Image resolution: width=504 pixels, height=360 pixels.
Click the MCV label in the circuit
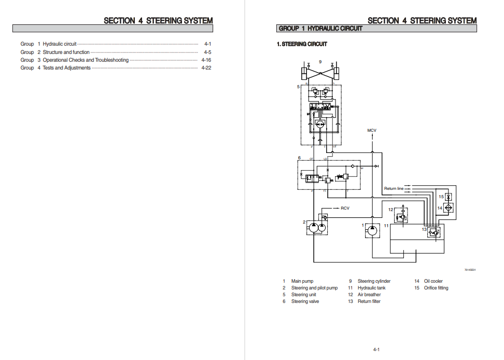(x=372, y=130)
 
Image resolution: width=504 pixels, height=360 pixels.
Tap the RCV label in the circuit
(x=345, y=208)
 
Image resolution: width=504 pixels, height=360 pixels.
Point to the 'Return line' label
(x=394, y=189)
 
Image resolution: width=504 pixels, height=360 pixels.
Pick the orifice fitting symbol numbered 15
(x=449, y=197)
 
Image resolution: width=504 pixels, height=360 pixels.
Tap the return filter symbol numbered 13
(x=433, y=232)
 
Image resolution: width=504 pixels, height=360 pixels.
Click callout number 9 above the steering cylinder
(x=320, y=62)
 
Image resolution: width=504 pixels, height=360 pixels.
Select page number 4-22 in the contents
(x=206, y=68)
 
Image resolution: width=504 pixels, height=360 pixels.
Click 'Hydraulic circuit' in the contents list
(x=60, y=44)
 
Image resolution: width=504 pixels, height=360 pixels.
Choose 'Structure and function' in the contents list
(x=66, y=52)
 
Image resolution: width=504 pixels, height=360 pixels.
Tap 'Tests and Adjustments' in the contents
(x=66, y=68)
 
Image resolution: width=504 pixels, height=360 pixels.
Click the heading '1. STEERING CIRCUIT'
(x=302, y=44)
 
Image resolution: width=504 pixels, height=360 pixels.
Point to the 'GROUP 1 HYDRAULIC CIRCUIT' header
(x=320, y=29)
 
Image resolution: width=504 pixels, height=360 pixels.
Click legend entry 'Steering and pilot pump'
(x=314, y=288)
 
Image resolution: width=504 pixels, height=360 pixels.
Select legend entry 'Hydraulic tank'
(x=371, y=288)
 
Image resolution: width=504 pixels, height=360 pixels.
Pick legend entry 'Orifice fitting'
(x=436, y=288)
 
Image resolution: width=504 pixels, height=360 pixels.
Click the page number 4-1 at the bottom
(x=376, y=350)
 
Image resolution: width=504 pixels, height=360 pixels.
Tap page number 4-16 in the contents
(x=206, y=60)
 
